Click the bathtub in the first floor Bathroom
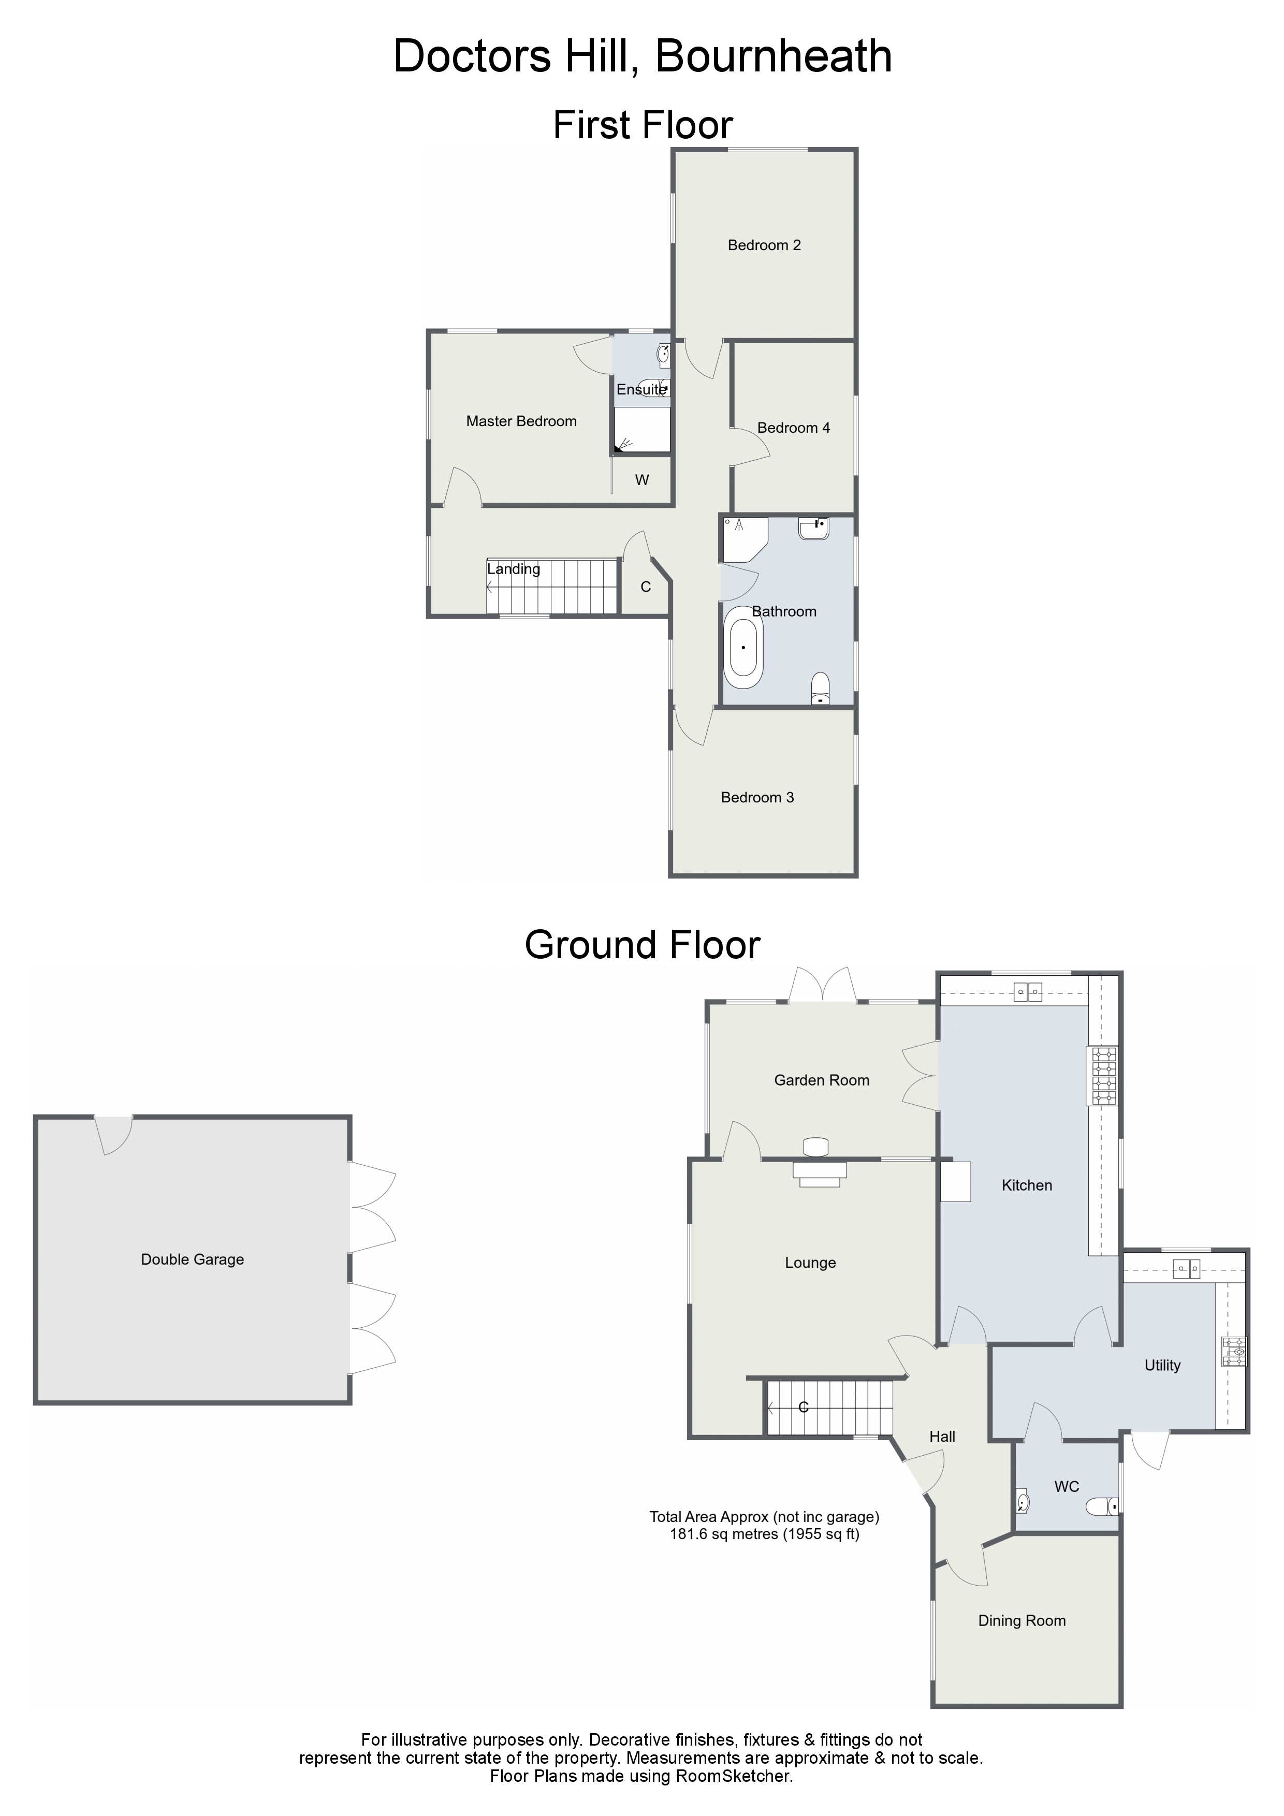point(743,647)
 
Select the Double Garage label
point(192,1259)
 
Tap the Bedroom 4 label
point(794,428)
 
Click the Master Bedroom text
point(521,421)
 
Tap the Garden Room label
point(821,1080)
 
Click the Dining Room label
point(1022,1621)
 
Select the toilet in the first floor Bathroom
point(821,687)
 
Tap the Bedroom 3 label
point(757,797)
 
